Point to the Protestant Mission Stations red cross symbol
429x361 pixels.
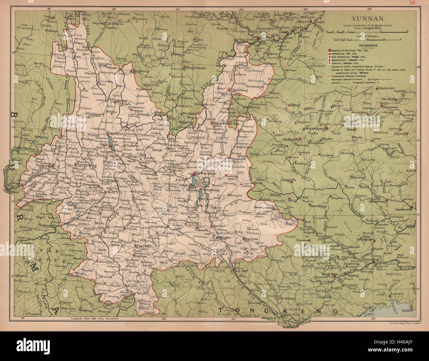coord(329,76)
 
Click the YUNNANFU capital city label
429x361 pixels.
coord(205,173)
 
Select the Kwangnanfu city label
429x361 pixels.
coord(264,208)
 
